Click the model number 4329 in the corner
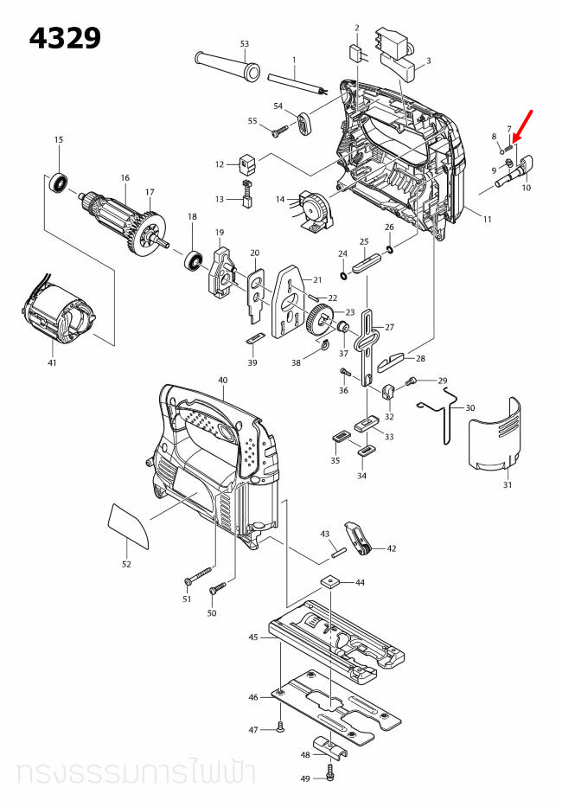65,38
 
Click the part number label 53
244,43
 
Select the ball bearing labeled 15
59,183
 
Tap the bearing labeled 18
192,259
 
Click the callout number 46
253,697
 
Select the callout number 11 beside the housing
487,220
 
